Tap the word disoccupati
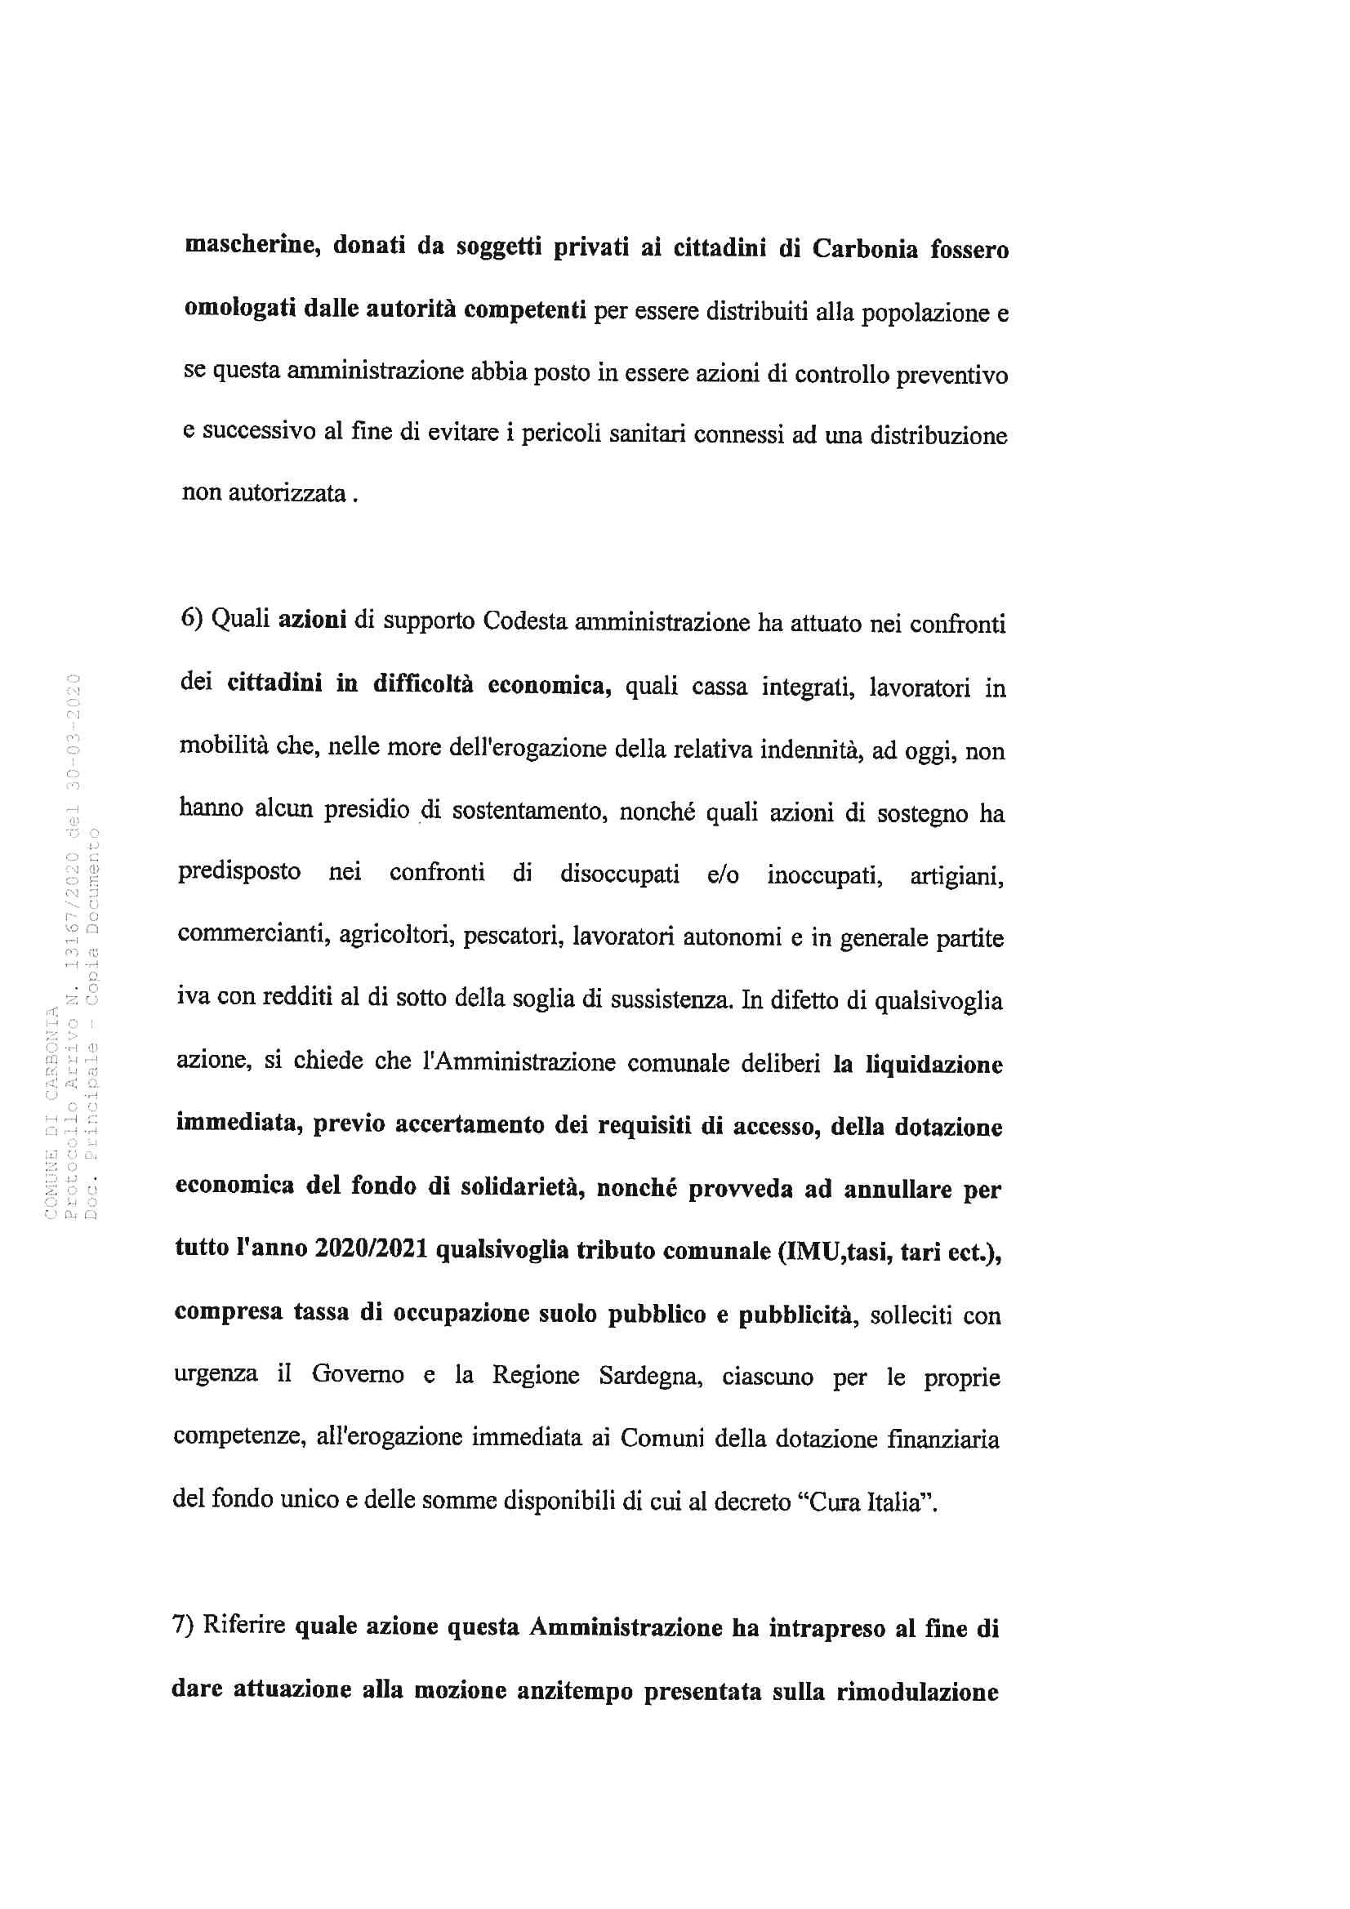(x=619, y=874)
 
